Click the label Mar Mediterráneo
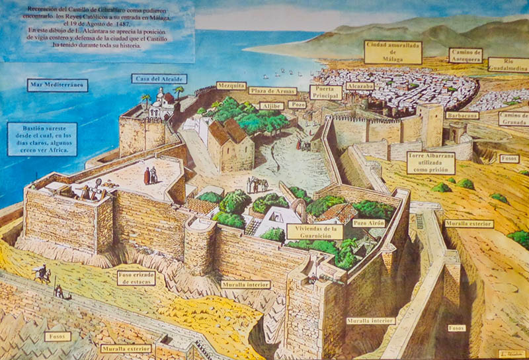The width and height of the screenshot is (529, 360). click(58, 85)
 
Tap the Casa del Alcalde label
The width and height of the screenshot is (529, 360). click(159, 79)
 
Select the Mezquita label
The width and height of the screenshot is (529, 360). click(231, 86)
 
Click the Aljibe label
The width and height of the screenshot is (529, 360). click(272, 105)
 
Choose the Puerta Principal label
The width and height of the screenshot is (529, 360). click(325, 92)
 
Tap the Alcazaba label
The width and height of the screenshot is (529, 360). click(360, 86)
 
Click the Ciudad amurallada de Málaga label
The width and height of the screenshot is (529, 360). click(393, 52)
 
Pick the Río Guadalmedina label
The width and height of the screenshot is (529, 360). click(509, 64)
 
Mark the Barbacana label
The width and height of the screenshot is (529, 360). click(462, 115)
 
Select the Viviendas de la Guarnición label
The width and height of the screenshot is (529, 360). click(315, 232)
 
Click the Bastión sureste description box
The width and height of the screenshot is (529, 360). click(42, 139)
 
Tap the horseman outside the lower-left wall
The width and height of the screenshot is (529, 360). click(42, 273)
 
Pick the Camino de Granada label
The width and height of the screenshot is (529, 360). click(514, 118)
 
